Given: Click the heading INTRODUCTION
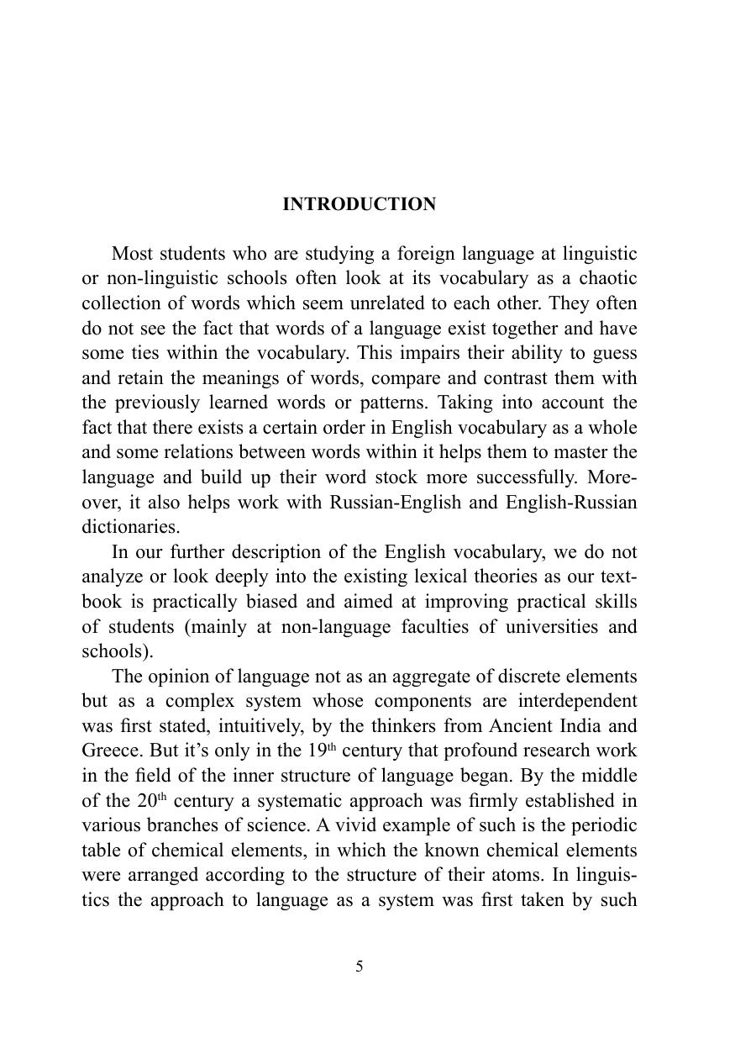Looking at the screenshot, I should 359,204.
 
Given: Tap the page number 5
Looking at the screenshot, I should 360,967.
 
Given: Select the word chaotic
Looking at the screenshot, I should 606,278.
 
